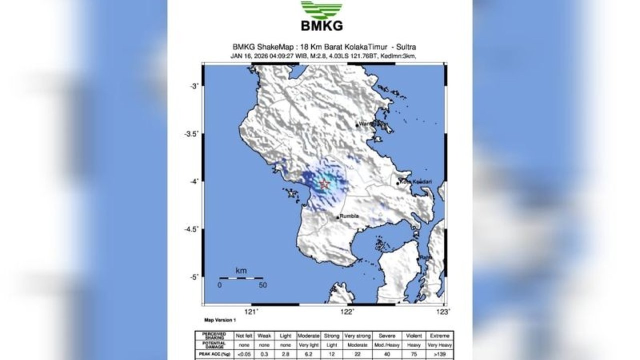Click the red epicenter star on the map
[324, 184]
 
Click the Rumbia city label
[349, 216]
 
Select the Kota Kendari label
[415, 181]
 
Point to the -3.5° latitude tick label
[191, 133]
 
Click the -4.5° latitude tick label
[191, 229]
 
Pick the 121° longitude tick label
[251, 311]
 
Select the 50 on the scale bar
[262, 285]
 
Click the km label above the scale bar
[241, 271]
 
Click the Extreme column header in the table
[439, 335]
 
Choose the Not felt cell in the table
[244, 335]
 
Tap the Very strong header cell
[356, 335]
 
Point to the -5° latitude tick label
[193, 277]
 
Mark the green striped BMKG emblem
[321, 9]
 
